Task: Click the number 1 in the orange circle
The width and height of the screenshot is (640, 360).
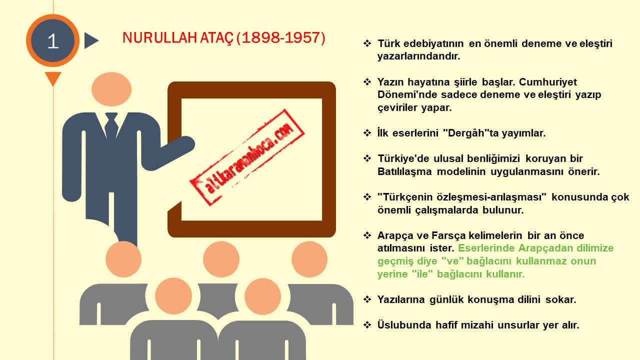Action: click(53, 41)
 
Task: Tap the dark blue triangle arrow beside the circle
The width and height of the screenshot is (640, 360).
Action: click(91, 40)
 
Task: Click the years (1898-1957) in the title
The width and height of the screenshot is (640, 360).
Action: click(281, 37)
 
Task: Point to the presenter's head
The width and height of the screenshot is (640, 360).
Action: click(111, 89)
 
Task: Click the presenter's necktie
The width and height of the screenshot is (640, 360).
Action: click(111, 125)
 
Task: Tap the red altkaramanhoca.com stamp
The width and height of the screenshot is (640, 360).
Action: click(247, 157)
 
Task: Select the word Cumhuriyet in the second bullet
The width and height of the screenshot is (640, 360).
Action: click(547, 82)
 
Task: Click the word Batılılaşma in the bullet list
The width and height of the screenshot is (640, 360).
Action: click(404, 171)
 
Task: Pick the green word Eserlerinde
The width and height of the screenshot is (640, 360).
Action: click(486, 248)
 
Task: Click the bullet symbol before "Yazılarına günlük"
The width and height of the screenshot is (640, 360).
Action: click(367, 299)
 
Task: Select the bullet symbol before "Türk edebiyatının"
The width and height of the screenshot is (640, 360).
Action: click(367, 43)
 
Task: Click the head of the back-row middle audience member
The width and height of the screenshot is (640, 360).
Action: click(221, 259)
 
